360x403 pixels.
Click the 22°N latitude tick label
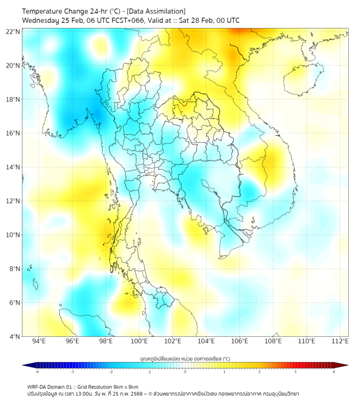tap(13, 32)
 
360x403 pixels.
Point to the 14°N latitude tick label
tap(13, 167)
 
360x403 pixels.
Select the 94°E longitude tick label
tap(39, 341)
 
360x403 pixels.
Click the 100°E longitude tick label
tap(139, 341)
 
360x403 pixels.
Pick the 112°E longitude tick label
tap(340, 341)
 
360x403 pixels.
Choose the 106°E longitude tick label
tap(240, 341)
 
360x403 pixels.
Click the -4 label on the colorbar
tap(37, 372)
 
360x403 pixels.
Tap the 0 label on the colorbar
tap(185, 372)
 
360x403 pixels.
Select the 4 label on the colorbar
tap(334, 372)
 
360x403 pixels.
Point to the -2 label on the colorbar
tap(111, 372)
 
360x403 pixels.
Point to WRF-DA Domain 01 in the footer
tap(51, 386)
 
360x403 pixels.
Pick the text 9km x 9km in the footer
tap(126, 386)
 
